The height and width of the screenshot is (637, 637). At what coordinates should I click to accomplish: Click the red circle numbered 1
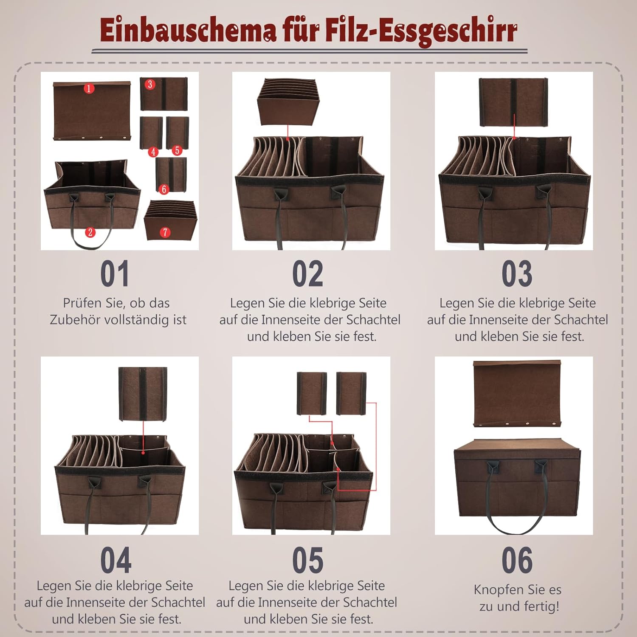[x=89, y=88]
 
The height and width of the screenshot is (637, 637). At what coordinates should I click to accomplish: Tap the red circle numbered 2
[x=90, y=232]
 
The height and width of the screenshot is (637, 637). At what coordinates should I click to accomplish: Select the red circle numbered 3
[x=150, y=84]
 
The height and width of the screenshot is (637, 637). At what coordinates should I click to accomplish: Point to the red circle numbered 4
[x=153, y=152]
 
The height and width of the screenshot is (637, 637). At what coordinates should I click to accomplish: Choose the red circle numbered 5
[x=177, y=150]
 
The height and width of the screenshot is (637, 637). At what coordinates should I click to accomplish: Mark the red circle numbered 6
[x=164, y=189]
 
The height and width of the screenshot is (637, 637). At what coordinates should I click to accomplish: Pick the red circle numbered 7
[x=165, y=232]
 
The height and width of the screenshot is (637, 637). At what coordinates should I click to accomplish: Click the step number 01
[x=115, y=274]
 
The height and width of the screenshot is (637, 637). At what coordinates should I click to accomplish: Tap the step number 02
[x=307, y=274]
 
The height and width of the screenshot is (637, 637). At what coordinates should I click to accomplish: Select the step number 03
[x=517, y=274]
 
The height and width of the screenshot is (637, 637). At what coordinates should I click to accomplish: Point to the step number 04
[x=116, y=560]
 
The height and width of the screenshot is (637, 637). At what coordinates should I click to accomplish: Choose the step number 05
[x=307, y=560]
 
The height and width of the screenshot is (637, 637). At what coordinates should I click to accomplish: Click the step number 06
[x=517, y=560]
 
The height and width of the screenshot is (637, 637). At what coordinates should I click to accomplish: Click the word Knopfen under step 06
[x=496, y=590]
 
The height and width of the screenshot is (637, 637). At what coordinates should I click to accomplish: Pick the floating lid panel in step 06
[x=517, y=394]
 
